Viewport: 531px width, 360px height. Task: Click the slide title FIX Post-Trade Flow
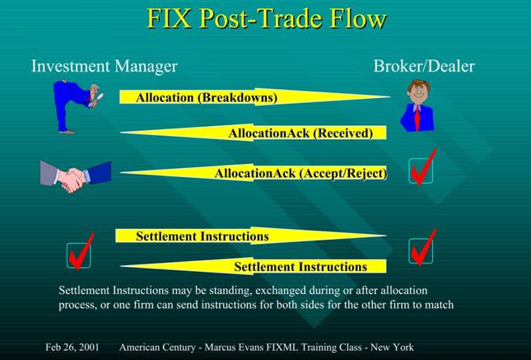[x=267, y=18]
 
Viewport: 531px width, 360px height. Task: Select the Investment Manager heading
[x=105, y=66]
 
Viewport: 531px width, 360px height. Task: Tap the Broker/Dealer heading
[x=424, y=66]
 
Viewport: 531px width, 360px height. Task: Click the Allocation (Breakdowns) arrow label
[x=207, y=98]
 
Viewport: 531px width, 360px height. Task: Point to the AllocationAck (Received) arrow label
[x=300, y=133]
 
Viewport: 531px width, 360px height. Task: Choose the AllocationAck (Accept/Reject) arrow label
[x=300, y=173]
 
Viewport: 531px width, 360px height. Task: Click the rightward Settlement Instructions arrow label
[x=203, y=236]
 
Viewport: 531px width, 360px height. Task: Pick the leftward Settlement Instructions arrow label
[x=300, y=266]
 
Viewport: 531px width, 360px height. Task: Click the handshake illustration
[x=76, y=176]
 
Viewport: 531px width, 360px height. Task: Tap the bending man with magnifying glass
[x=77, y=107]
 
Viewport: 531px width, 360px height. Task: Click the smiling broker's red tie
[x=417, y=119]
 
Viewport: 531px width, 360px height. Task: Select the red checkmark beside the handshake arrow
[x=422, y=167]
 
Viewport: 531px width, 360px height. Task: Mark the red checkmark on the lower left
[x=81, y=251]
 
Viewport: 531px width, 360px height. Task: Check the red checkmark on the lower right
[x=422, y=247]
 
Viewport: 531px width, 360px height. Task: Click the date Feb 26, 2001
[x=72, y=347]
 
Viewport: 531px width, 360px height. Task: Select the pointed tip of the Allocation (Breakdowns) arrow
[x=389, y=96]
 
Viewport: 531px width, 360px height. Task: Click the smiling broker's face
[x=418, y=93]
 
